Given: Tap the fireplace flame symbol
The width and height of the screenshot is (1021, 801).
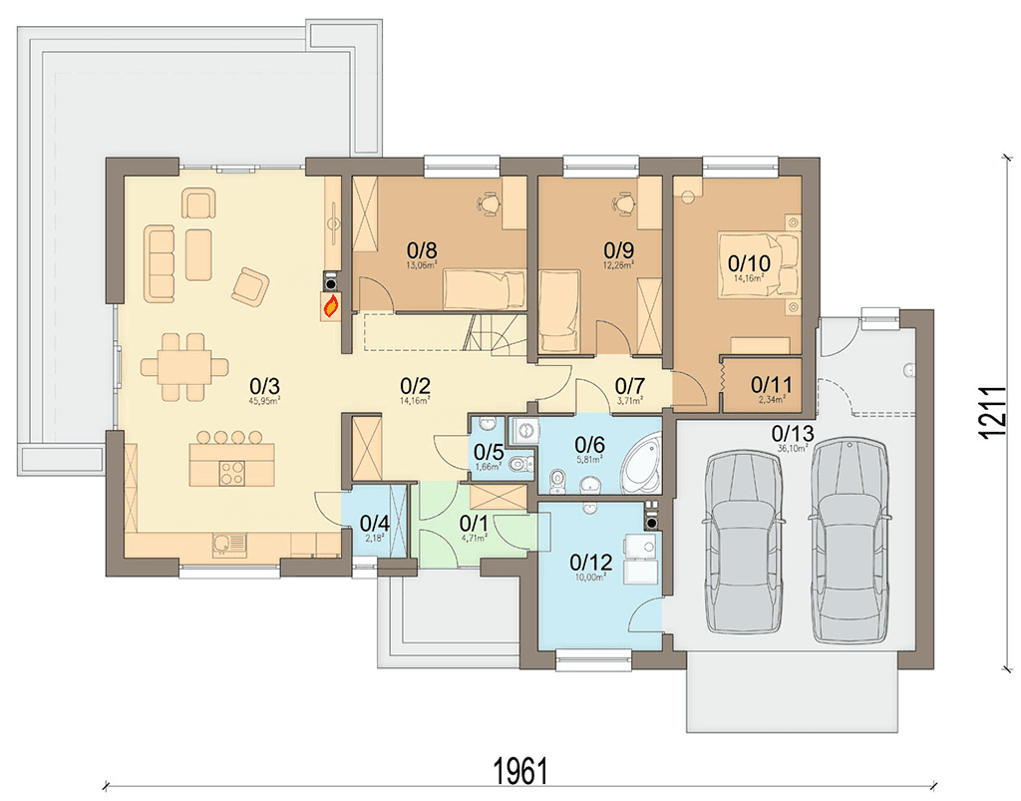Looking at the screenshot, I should pyautogui.click(x=329, y=305).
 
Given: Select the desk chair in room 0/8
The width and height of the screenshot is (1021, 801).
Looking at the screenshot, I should pyautogui.click(x=490, y=202).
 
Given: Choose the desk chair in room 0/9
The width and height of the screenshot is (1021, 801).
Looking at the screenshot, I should pyautogui.click(x=625, y=201).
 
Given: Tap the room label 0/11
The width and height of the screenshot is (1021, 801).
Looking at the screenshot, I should pyautogui.click(x=770, y=383).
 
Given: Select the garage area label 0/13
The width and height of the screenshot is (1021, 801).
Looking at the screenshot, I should pyautogui.click(x=793, y=434).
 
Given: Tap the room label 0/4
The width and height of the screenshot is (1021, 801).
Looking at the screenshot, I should pyautogui.click(x=374, y=523).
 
